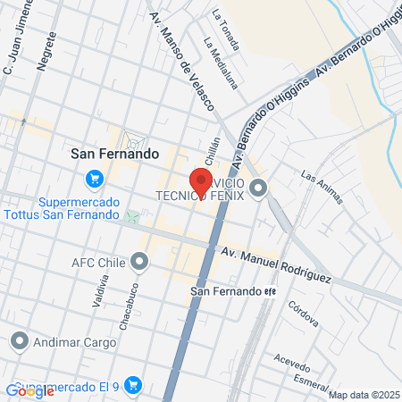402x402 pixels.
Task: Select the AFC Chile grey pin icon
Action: point(138,262)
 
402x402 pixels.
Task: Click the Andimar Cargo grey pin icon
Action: point(20,340)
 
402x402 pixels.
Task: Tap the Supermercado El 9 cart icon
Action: point(133,386)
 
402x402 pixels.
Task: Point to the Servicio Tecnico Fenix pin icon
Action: point(258,188)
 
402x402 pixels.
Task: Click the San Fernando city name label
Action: point(114,154)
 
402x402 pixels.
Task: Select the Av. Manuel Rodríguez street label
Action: point(276,265)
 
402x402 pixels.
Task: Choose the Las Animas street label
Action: point(322,187)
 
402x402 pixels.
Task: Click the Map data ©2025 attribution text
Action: point(364,395)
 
